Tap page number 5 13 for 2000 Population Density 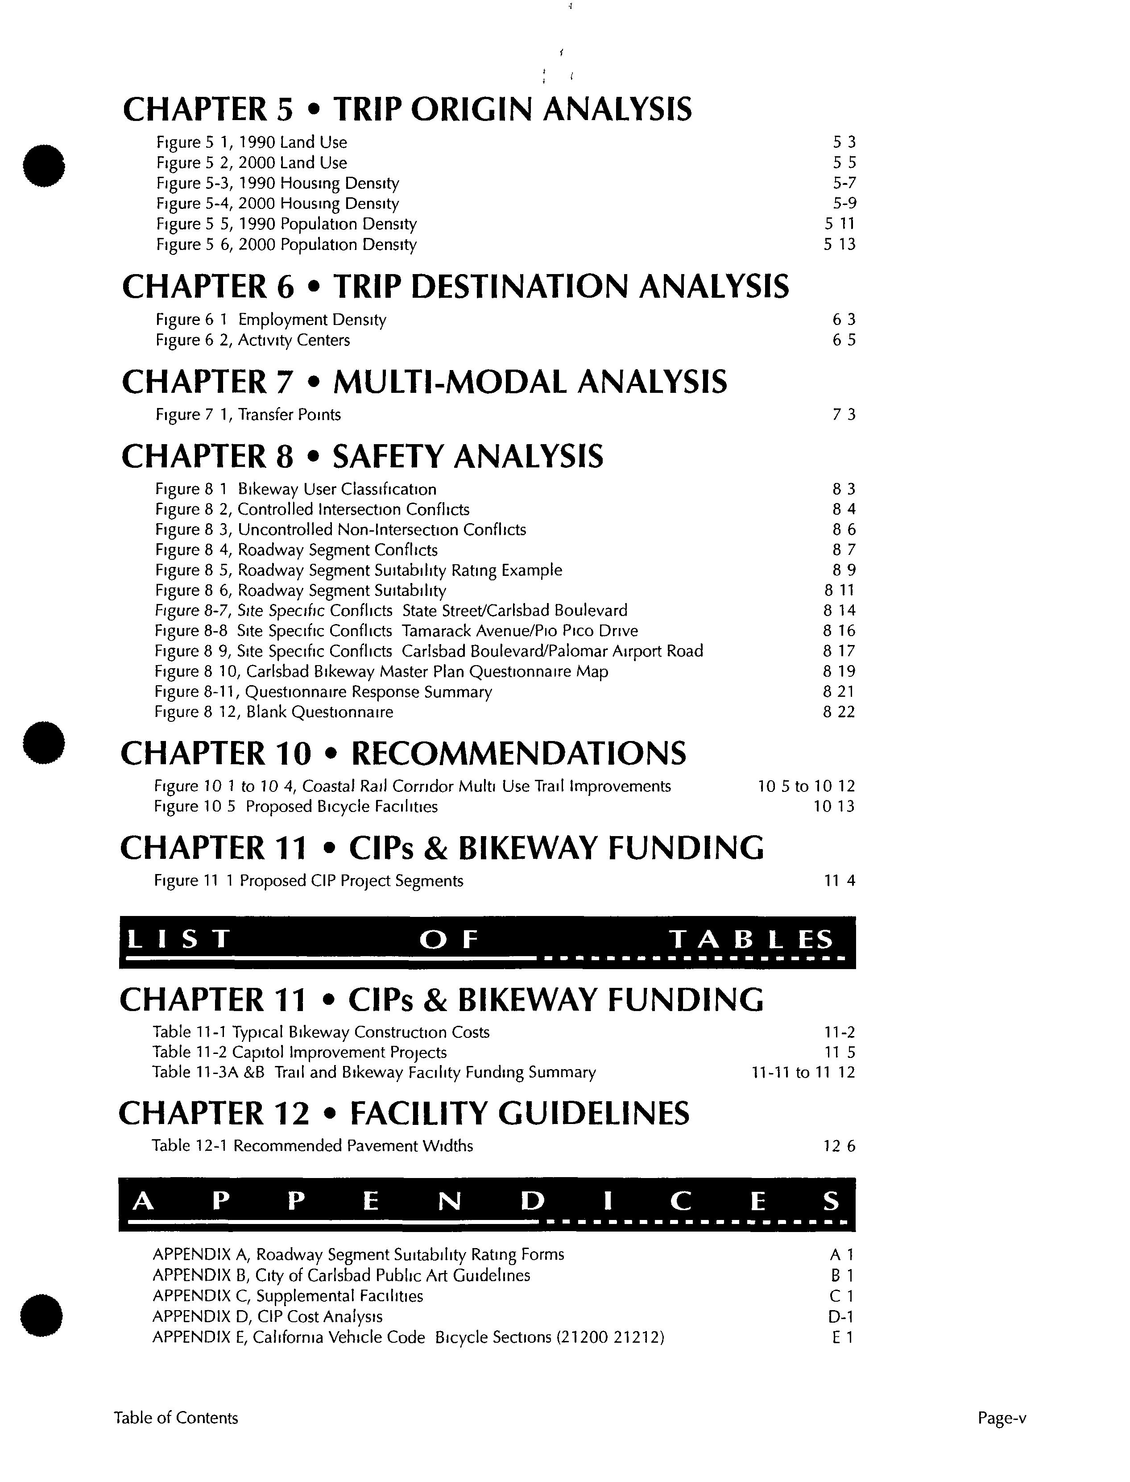(840, 244)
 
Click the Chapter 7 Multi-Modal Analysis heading (424, 382)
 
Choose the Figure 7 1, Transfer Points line (248, 415)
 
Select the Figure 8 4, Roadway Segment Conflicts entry (296, 550)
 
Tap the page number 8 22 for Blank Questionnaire (839, 712)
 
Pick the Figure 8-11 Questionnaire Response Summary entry (323, 692)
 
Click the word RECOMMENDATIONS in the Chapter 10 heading (518, 754)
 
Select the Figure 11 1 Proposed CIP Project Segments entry (308, 881)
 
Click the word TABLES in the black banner (751, 939)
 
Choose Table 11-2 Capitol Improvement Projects (299, 1053)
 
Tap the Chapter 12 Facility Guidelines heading (404, 1114)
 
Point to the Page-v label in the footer (1002, 1419)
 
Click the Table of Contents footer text (176, 1419)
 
